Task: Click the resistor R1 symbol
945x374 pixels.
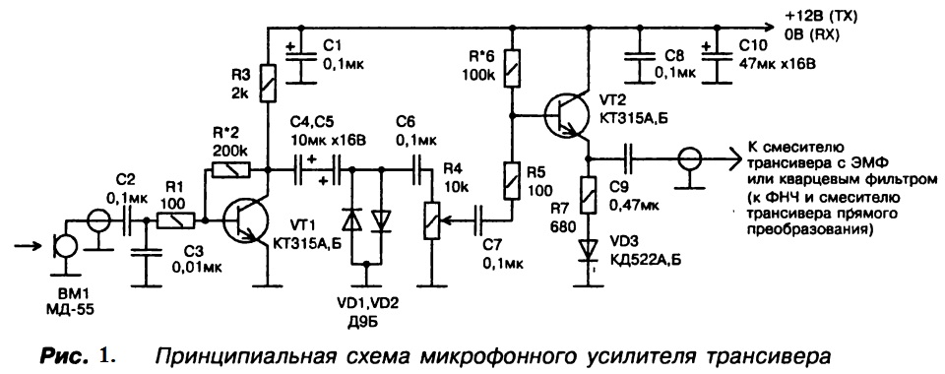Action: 175,221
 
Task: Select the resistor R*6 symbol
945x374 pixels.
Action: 512,68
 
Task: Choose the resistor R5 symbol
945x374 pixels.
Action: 512,181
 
